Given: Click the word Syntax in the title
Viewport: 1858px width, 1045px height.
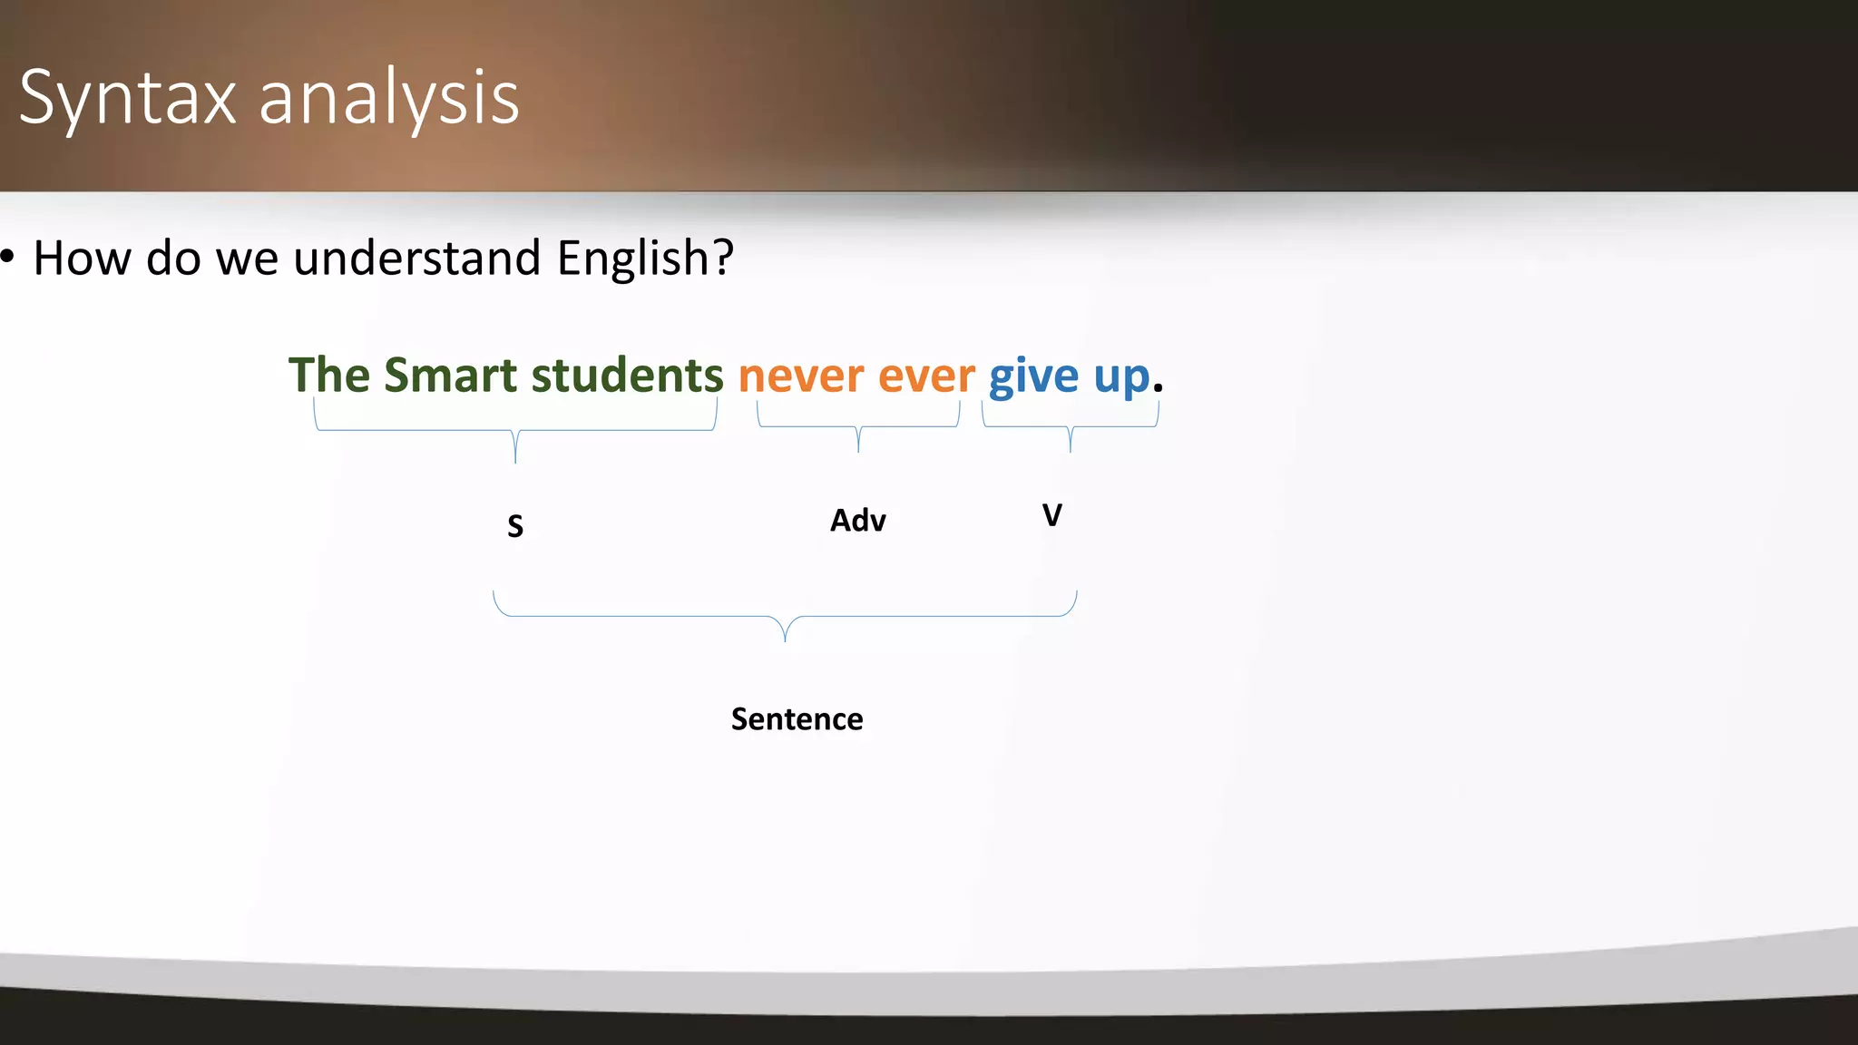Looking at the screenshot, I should click(x=127, y=98).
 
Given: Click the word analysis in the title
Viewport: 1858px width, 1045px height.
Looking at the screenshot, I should click(x=389, y=98).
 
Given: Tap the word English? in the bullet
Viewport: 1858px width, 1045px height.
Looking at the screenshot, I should click(x=645, y=259).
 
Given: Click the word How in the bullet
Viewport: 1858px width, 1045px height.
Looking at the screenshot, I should click(x=83, y=259).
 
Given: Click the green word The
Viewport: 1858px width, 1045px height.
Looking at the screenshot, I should click(x=328, y=376).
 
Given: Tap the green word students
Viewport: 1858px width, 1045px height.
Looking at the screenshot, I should click(x=627, y=376).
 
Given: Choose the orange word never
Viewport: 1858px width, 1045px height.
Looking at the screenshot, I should click(x=801, y=376).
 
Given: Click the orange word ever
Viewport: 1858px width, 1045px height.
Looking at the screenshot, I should click(x=926, y=376).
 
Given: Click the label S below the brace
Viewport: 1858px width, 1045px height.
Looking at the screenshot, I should click(x=515, y=526).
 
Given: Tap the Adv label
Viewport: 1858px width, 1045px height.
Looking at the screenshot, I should click(x=858, y=521).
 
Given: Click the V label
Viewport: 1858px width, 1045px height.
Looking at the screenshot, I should click(x=1051, y=515).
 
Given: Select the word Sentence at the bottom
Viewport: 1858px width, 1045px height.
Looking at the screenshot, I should click(x=797, y=719).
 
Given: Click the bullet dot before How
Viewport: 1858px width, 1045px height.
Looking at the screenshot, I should click(x=7, y=258).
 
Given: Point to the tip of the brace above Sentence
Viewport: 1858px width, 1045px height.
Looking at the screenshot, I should click(x=785, y=640).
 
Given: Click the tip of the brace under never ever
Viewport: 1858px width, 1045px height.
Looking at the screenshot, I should click(x=858, y=450).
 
